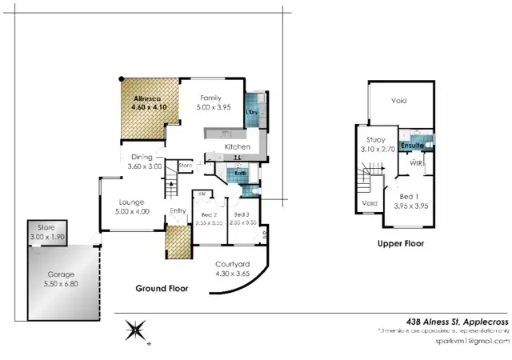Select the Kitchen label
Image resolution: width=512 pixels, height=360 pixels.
coord(238,147)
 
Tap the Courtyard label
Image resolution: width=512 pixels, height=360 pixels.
coord(234,264)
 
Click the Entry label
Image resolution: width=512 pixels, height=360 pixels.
coord(178,211)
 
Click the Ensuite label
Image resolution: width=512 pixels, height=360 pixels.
coord(412,146)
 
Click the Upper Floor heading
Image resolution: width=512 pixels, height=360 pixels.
coord(401,243)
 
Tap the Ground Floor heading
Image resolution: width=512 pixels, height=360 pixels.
coord(162,289)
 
